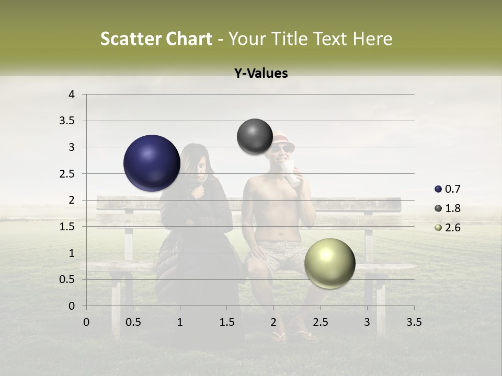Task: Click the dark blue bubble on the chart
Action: [x=152, y=163]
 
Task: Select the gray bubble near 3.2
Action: [x=255, y=136]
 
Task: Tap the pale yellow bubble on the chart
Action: [x=329, y=263]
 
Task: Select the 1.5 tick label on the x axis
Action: [x=226, y=322]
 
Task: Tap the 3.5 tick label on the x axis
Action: [x=414, y=322]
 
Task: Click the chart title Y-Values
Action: [x=260, y=74]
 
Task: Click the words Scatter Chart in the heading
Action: [x=156, y=39]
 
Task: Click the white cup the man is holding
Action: [x=292, y=174]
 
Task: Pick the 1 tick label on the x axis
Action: [x=180, y=322]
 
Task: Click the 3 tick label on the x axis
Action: [x=367, y=322]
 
